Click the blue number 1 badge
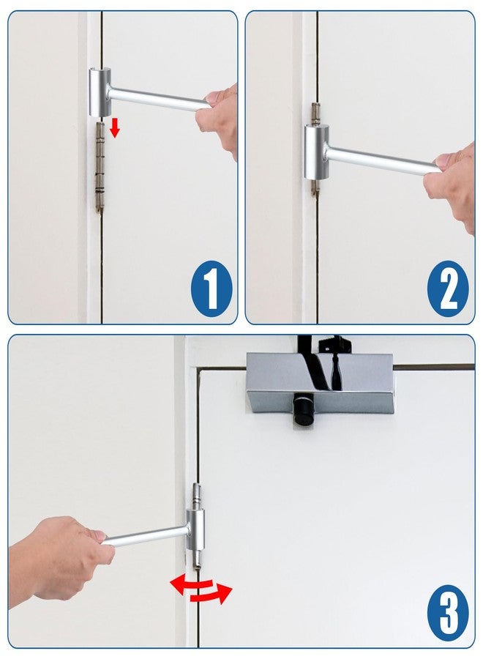pos(211,288)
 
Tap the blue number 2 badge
pos(448,288)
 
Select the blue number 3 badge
pos(448,613)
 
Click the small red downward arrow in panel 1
pos(114,127)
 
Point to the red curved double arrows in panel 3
pos(201,589)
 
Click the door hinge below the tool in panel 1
pos(100,167)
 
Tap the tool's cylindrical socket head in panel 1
pos(100,92)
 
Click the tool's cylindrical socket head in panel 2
pos(316,152)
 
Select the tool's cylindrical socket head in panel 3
pos(195,530)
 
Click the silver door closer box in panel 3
pos(320,383)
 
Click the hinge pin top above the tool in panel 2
pos(315,113)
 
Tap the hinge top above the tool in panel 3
pos(196,496)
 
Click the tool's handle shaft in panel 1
pos(159,99)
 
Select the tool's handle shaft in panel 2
pos(383,160)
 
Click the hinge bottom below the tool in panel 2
pos(314,187)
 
